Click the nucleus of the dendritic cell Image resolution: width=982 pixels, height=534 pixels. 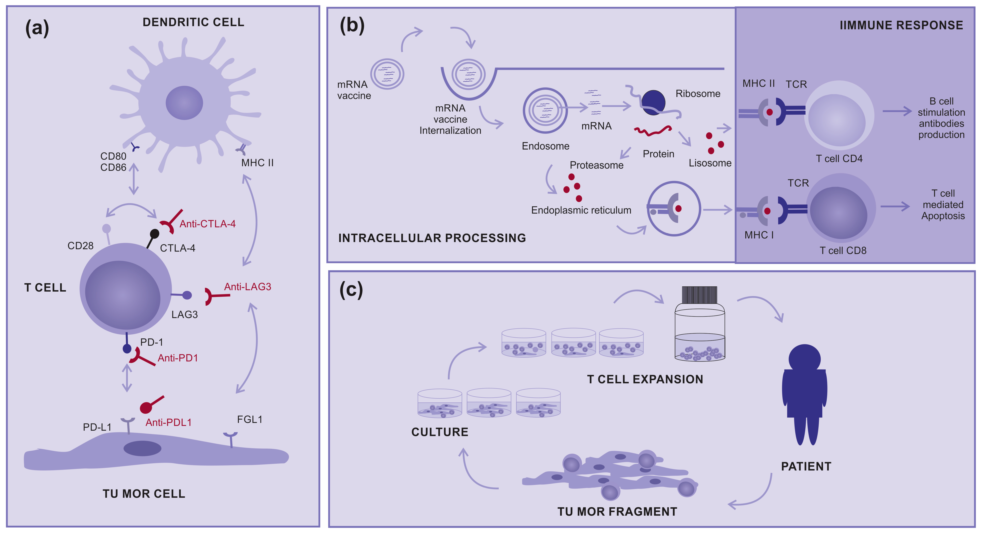point(184,103)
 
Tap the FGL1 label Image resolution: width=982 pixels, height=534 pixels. point(250,420)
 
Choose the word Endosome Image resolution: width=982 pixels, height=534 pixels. point(545,146)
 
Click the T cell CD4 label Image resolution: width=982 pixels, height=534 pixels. point(839,159)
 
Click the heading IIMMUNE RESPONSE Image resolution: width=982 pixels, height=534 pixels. point(901,25)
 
